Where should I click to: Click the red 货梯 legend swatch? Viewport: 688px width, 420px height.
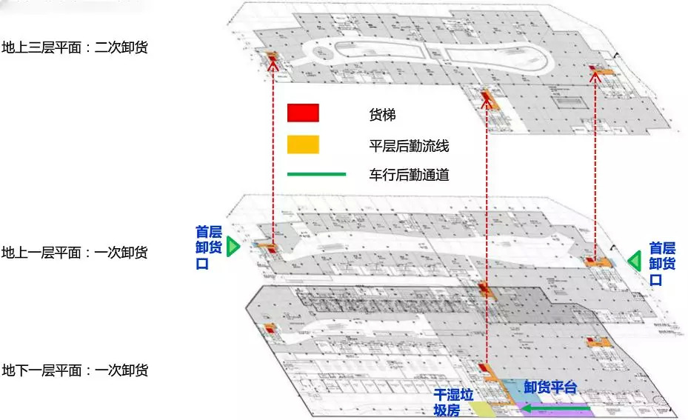(x=303, y=113)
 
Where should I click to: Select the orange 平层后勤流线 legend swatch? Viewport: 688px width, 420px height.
(x=303, y=144)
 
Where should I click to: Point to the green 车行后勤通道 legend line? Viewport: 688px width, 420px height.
(x=316, y=175)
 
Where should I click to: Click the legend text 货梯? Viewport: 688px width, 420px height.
(x=382, y=115)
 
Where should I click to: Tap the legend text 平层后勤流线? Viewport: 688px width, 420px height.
(x=409, y=146)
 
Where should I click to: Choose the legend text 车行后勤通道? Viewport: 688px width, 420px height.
(x=409, y=176)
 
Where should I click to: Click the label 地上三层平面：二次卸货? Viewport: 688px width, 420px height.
(x=75, y=48)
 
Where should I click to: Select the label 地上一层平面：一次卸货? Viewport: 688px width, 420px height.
(x=75, y=253)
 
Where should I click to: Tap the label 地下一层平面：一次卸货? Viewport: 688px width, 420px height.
(x=75, y=370)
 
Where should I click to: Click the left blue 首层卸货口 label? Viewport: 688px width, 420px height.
(x=208, y=247)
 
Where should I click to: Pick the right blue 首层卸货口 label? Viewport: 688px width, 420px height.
(x=662, y=263)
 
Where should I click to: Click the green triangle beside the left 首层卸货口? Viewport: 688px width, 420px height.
(x=233, y=247)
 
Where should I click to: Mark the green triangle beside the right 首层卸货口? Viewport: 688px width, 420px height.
(x=634, y=261)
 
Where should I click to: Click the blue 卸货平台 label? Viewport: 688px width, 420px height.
(x=550, y=387)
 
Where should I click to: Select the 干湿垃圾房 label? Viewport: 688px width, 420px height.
(x=452, y=402)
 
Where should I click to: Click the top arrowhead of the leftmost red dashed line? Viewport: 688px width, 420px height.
(x=274, y=64)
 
